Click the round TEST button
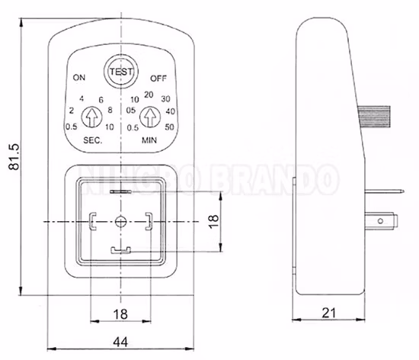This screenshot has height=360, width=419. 120,72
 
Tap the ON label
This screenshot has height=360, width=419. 79,79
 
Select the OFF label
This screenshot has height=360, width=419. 158,79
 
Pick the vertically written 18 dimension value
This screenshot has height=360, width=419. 214,221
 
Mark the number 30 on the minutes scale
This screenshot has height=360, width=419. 165,101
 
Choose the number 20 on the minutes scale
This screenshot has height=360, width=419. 149,94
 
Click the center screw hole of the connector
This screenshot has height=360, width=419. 120,221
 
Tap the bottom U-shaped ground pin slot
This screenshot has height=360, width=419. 120,249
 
